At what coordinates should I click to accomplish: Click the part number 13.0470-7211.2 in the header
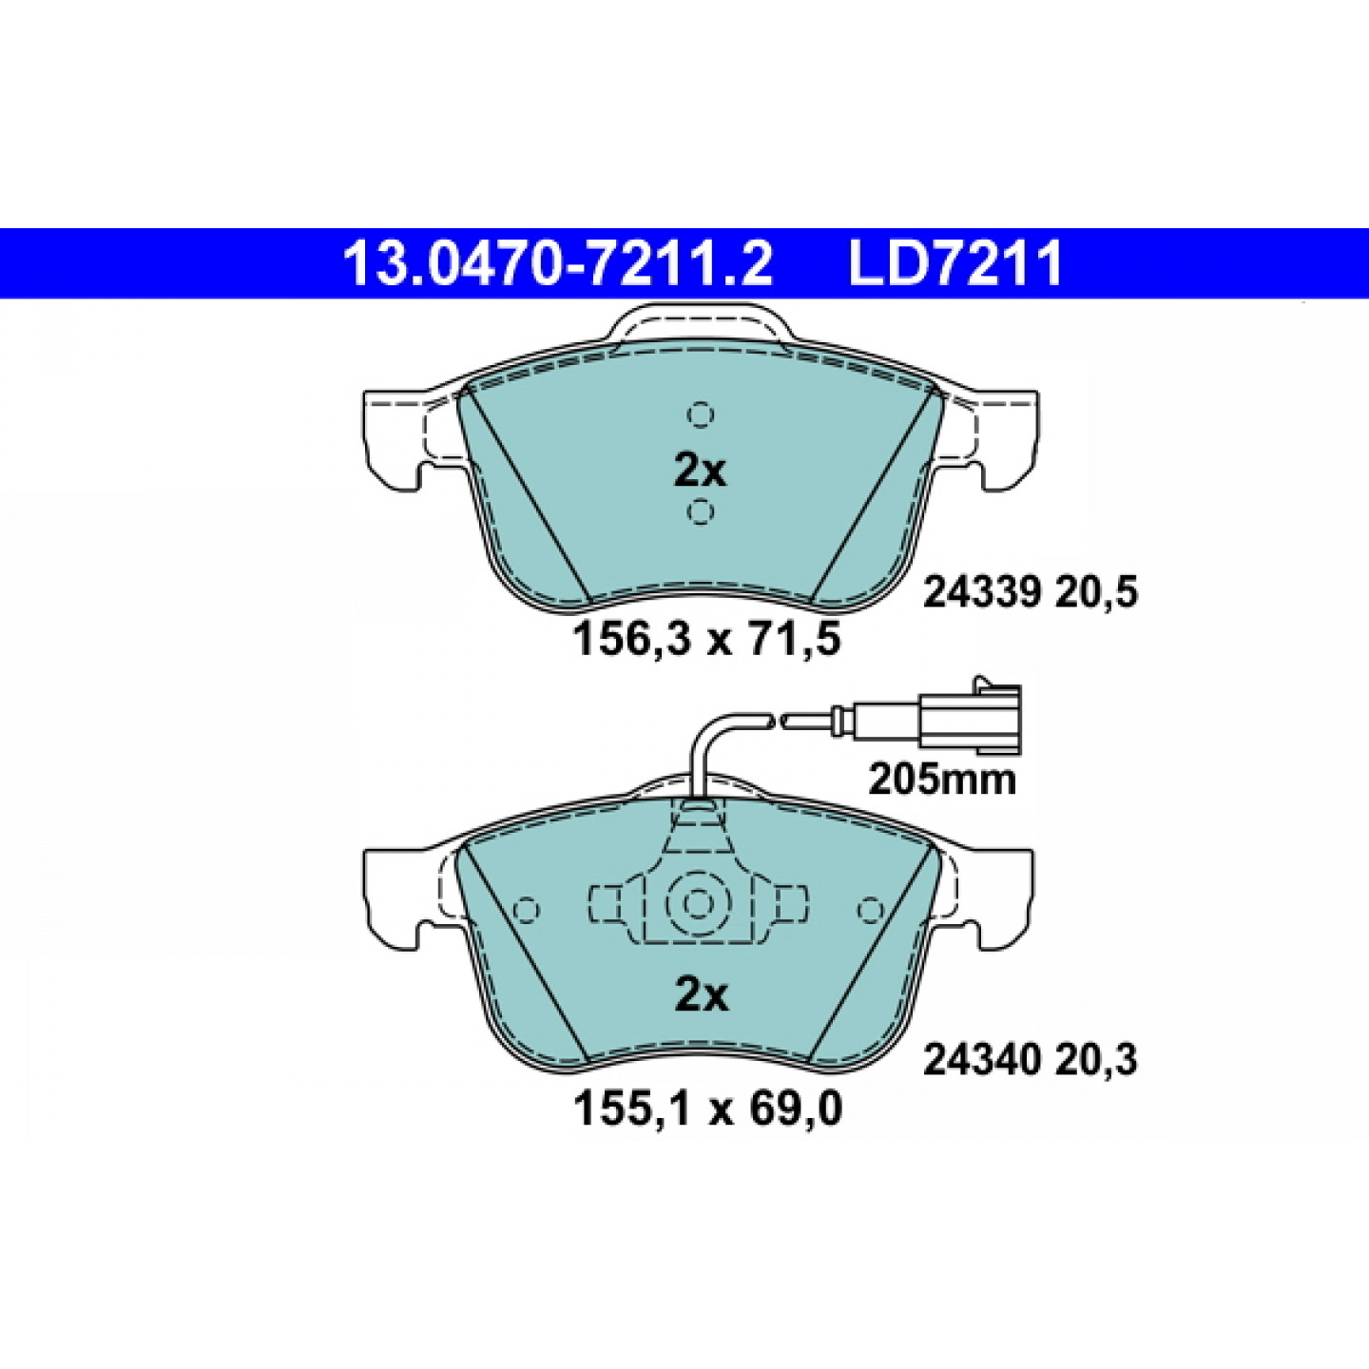tap(557, 263)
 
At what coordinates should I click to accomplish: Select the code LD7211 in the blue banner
tap(955, 263)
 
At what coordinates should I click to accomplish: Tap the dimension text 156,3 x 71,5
tap(706, 639)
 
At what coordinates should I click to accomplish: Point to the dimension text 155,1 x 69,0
tap(707, 1109)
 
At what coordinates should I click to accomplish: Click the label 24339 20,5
tap(1031, 591)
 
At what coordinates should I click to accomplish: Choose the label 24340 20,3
tap(1031, 1061)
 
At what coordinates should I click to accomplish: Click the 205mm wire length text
tap(942, 781)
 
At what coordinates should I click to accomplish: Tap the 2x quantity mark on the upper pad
tap(700, 471)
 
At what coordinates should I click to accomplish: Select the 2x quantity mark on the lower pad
tap(701, 996)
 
